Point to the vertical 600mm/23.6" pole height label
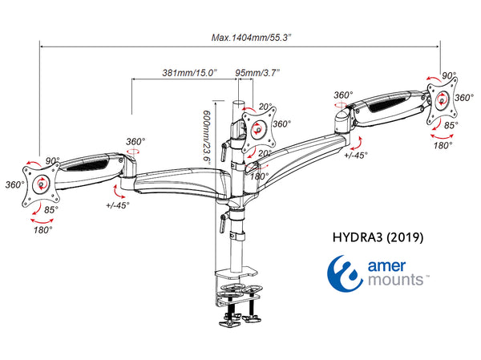click(x=206, y=136)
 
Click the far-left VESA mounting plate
click(x=38, y=184)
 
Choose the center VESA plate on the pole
click(x=256, y=127)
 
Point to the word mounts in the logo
click(x=398, y=281)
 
